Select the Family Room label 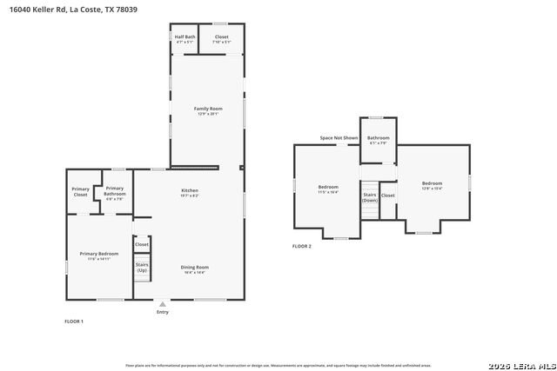coord(207,110)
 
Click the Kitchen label coord(190,192)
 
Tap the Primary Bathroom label coord(115,192)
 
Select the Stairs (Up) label coord(141,267)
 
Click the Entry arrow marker coord(162,303)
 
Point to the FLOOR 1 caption coord(74,321)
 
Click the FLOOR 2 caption coord(301,246)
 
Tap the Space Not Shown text coord(339,138)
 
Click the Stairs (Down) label coord(370,198)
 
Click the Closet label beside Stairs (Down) coord(388,195)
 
